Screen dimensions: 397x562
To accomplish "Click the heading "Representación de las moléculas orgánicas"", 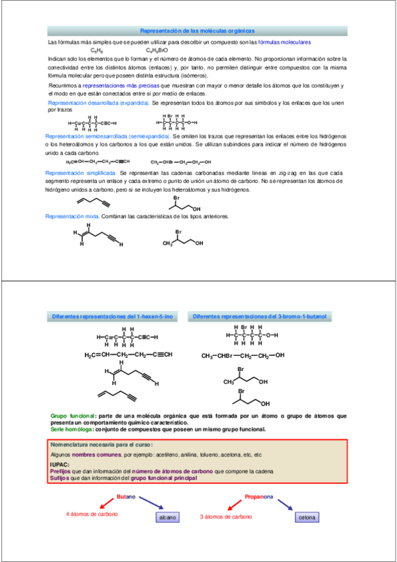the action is pyautogui.click(x=198, y=30).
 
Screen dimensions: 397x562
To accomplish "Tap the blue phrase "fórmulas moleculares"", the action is pyautogui.click(x=284, y=42).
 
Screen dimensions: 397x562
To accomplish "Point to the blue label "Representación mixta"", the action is pyautogui.click(x=72, y=217).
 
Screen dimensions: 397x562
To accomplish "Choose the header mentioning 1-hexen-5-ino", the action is pyautogui.click(x=113, y=317).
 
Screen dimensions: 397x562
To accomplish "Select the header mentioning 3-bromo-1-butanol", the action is pyautogui.click(x=260, y=317).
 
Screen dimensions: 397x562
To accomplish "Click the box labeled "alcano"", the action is pyautogui.click(x=167, y=517).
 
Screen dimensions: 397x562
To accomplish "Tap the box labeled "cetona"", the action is pyautogui.click(x=308, y=517).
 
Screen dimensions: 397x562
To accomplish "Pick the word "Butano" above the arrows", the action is pyautogui.click(x=126, y=496).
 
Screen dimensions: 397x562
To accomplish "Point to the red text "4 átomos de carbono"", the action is pyautogui.click(x=91, y=514).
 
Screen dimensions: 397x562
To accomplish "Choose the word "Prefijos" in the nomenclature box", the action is pyautogui.click(x=61, y=471).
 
